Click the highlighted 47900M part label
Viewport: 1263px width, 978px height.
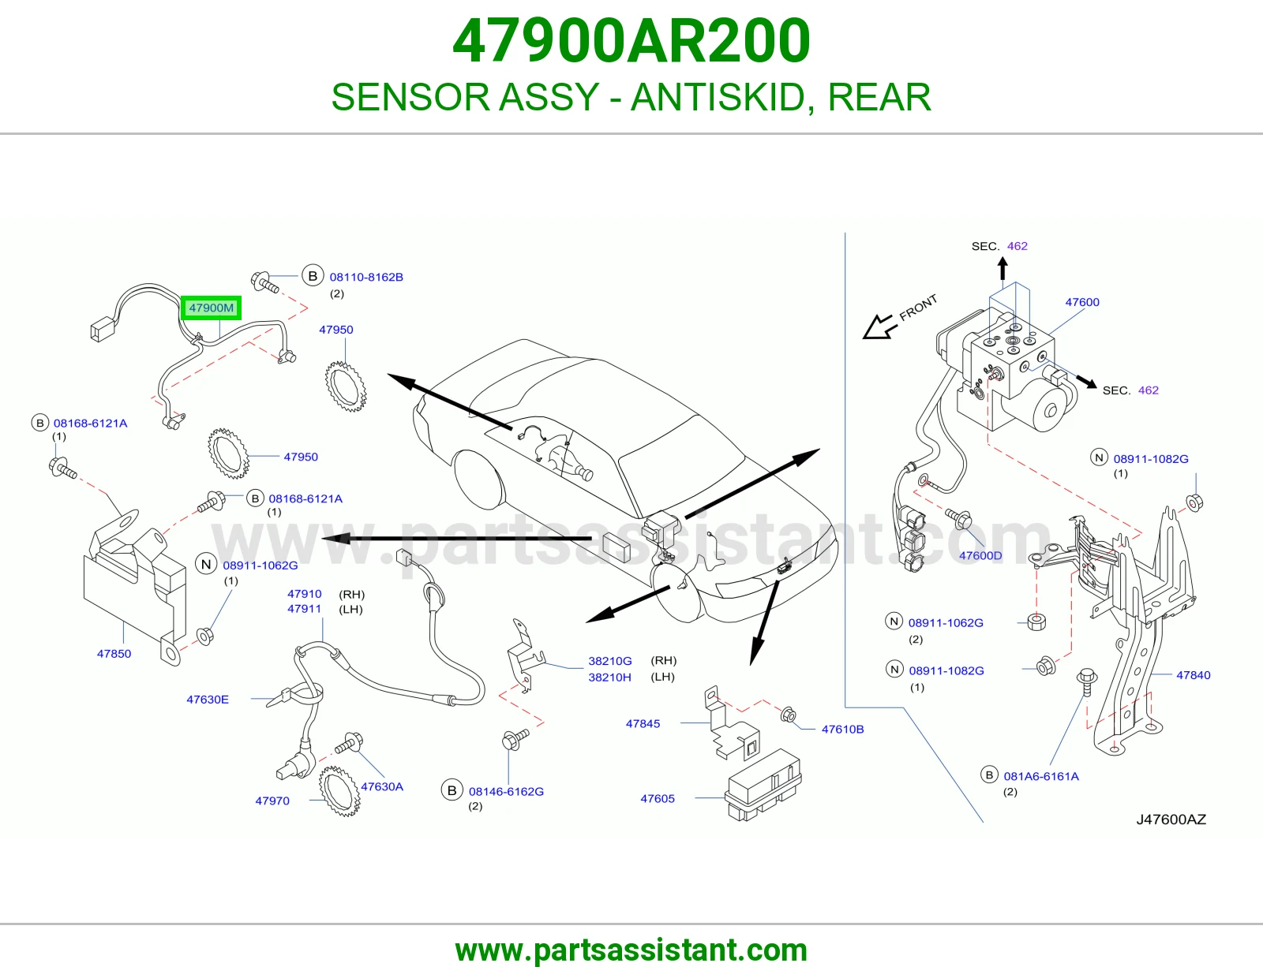[x=211, y=308]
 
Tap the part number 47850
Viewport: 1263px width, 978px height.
[x=114, y=654]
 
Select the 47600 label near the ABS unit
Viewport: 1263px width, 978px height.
[x=1082, y=302]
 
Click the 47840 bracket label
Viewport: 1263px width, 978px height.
[x=1194, y=675]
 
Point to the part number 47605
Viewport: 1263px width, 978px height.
[x=658, y=798]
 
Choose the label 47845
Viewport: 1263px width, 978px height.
[x=643, y=723]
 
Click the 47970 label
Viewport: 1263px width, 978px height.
[x=272, y=801]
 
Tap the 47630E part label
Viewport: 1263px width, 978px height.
[x=208, y=700]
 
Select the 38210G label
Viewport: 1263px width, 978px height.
[x=609, y=661]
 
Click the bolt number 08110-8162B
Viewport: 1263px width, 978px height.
[x=366, y=277]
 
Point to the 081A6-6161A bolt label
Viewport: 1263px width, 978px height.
[x=1041, y=776]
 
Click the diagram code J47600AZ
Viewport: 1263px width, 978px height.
[x=1171, y=819]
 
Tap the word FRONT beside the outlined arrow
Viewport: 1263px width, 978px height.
[x=918, y=308]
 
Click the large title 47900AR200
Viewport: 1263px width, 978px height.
[x=631, y=41]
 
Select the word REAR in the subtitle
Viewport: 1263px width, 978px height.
[x=879, y=97]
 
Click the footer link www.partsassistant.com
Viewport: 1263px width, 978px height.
[x=631, y=950]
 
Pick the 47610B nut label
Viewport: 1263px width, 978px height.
[x=842, y=730]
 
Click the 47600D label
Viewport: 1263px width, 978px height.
[x=980, y=556]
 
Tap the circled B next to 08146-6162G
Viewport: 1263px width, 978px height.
[x=452, y=790]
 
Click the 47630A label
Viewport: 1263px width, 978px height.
[x=382, y=787]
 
